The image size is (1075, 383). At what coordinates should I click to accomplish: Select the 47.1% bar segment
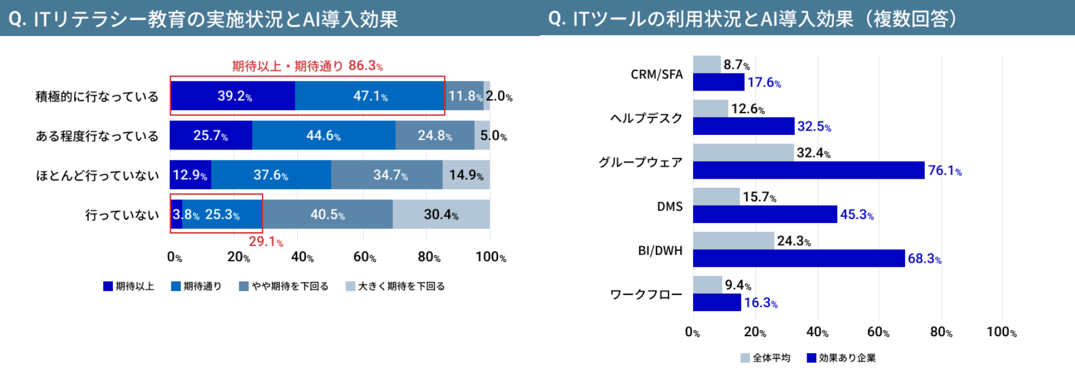tap(370, 96)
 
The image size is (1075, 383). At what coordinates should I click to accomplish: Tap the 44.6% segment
tap(323, 136)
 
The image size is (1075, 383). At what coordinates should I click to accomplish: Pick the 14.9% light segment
tap(466, 175)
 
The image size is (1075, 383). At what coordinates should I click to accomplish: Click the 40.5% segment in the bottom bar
tap(327, 215)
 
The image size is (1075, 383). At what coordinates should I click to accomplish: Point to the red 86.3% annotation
tap(307, 66)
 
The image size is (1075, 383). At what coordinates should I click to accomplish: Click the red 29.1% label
tap(265, 242)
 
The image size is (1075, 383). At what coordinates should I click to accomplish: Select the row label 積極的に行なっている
tap(97, 97)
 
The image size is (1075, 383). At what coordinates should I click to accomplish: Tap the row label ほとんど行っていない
tap(97, 176)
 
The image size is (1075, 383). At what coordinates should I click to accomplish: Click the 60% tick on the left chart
tap(364, 257)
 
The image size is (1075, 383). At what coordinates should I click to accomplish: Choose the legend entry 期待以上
tap(129, 286)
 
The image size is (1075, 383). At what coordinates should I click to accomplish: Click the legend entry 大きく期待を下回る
tap(395, 286)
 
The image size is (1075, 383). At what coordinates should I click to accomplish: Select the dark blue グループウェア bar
tap(808, 170)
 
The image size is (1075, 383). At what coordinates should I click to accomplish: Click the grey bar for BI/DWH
tap(734, 241)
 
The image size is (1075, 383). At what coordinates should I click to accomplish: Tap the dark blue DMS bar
tap(765, 215)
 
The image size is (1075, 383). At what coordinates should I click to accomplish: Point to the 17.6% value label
tap(764, 83)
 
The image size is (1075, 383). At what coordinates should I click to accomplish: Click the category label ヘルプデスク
tap(646, 119)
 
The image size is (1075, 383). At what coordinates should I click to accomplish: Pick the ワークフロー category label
tap(646, 295)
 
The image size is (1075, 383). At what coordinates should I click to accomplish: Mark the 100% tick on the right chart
tap(1001, 332)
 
